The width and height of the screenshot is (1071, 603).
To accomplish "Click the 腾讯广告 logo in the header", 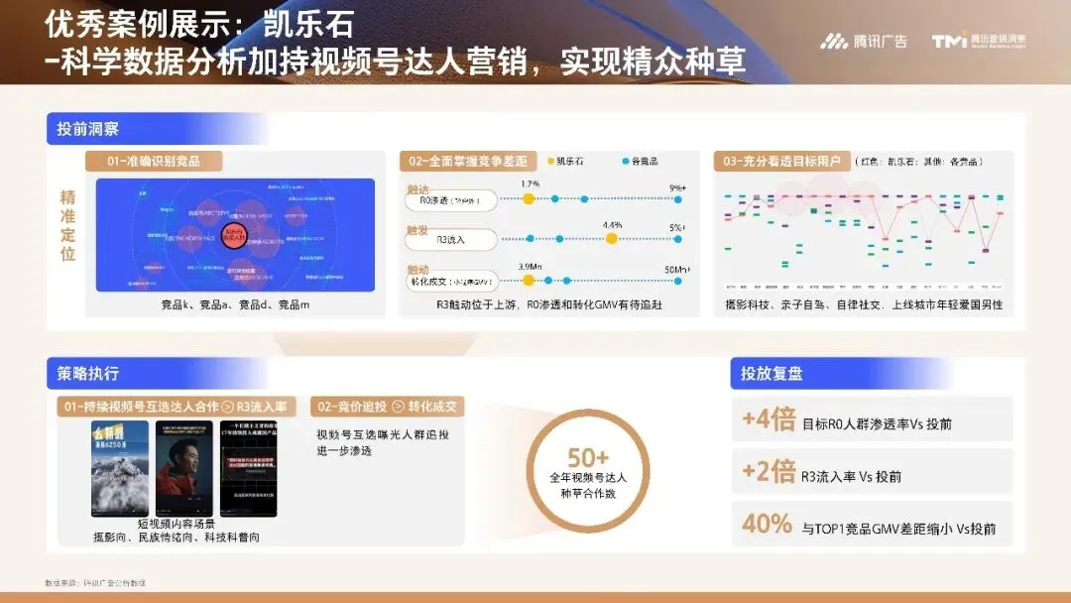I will (x=863, y=41).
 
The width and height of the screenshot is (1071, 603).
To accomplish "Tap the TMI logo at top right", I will (x=978, y=41).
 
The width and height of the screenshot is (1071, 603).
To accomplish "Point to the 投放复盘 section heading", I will (x=773, y=373).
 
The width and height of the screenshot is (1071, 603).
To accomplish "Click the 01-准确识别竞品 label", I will (x=153, y=161).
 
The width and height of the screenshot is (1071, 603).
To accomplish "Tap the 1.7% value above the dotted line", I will (x=530, y=184).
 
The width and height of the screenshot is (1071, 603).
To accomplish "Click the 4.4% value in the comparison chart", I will (x=612, y=225).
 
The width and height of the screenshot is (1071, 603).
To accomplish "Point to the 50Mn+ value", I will (x=677, y=269).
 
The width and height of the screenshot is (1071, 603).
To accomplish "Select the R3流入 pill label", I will (x=451, y=239).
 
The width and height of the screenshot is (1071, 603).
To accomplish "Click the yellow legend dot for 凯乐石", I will (x=550, y=161).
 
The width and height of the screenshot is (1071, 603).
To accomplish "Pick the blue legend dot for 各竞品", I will (x=625, y=161).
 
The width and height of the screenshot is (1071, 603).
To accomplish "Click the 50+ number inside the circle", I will (x=588, y=457).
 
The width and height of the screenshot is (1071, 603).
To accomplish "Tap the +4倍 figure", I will (x=769, y=420).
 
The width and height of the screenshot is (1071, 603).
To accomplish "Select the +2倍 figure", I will (x=769, y=472).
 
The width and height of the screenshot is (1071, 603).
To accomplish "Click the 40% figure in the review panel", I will (x=767, y=524).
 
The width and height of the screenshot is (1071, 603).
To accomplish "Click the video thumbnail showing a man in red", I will (x=180, y=468).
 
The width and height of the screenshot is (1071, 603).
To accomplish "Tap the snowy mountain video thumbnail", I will (x=120, y=468).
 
